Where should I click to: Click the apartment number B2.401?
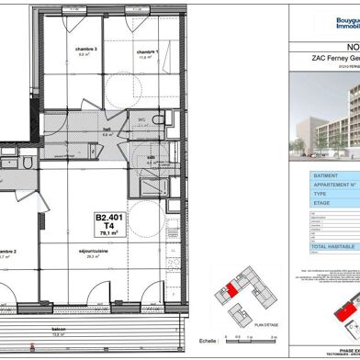[108, 218]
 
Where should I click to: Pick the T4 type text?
[108, 226]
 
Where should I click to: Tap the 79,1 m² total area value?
[108, 234]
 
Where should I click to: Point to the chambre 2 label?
[9, 253]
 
